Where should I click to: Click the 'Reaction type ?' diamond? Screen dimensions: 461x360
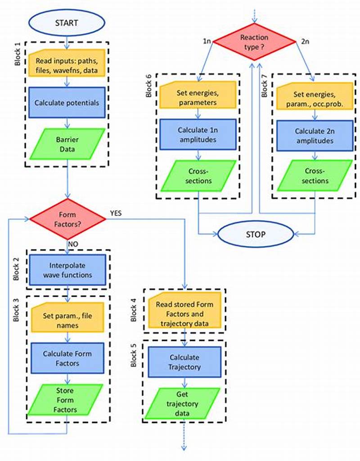pyautogui.click(x=255, y=41)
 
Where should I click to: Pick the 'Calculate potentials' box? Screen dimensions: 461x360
pyautogui.click(x=67, y=103)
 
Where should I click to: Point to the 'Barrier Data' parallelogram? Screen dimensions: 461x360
pyautogui.click(x=67, y=144)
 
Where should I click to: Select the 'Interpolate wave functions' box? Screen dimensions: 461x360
pyautogui.click(x=67, y=271)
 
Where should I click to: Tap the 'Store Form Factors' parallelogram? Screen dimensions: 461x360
pyautogui.click(x=67, y=400)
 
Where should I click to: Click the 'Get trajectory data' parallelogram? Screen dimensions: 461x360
pyautogui.click(x=184, y=403)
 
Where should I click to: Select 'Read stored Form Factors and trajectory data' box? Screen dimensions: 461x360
pyautogui.click(x=185, y=310)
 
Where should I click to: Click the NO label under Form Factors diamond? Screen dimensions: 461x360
pyautogui.click(x=73, y=243)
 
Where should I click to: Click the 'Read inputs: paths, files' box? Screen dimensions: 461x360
pyautogui.click(x=67, y=66)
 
